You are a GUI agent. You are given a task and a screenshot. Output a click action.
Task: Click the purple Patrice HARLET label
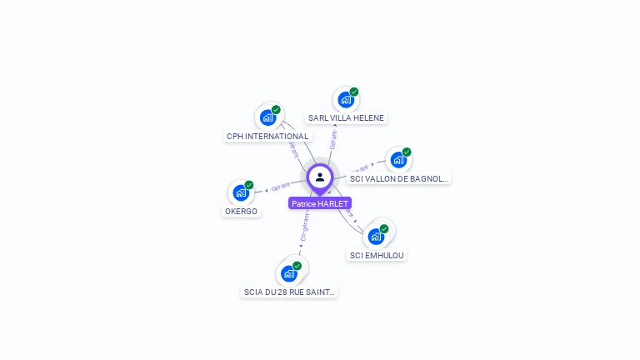[320, 203]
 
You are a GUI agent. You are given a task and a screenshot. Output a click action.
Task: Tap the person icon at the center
[320, 177]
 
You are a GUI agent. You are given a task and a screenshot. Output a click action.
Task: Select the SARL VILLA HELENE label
[346, 118]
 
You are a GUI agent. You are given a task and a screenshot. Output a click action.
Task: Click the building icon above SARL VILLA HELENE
[345, 100]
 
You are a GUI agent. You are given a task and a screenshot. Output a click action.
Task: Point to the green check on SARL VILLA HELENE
[354, 92]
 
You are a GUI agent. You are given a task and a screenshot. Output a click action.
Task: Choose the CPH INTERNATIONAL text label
[267, 136]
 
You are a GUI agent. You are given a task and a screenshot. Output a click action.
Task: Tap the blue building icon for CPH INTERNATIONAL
[267, 117]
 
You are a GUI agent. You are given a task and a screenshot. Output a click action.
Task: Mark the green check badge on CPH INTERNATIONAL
[276, 110]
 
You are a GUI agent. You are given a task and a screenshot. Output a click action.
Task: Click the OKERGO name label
[241, 211]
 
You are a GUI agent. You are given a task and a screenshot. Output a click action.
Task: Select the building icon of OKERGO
[240, 192]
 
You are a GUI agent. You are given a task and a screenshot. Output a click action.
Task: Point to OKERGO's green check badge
[248, 185]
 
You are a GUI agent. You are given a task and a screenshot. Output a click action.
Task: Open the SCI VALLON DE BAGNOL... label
[398, 178]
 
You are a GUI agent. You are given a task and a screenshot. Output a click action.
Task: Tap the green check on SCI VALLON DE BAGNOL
[407, 152]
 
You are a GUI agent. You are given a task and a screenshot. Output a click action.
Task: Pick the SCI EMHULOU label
[377, 255]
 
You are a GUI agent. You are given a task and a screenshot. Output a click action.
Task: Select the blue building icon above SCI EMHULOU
[376, 237]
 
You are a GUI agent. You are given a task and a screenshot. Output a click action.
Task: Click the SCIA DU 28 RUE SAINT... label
[290, 292]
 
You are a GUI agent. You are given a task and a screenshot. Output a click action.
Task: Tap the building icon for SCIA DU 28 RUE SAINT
[288, 273]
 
